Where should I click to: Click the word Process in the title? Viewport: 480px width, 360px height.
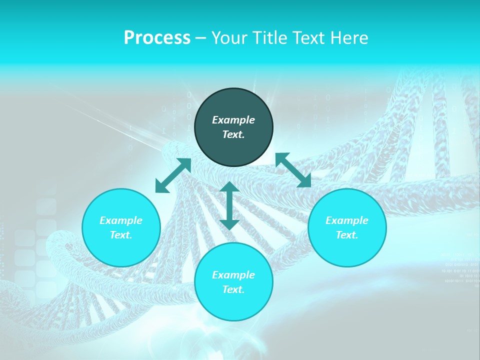[157, 38]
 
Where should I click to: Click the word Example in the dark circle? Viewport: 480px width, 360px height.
[233, 120]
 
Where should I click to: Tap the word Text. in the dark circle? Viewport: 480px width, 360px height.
[233, 134]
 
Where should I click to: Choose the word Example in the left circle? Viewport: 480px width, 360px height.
[121, 220]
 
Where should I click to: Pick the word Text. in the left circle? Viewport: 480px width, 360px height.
[121, 235]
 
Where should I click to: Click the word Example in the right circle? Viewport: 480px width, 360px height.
[347, 220]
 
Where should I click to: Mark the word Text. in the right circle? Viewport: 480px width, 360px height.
[347, 235]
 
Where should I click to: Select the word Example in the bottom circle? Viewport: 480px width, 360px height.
[233, 275]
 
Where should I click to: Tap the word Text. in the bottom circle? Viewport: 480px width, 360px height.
[233, 289]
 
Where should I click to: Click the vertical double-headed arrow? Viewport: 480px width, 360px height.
[229, 206]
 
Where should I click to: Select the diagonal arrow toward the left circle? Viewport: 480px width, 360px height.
[173, 175]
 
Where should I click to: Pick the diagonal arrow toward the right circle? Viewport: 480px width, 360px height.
[293, 170]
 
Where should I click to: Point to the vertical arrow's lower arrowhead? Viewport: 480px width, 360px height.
[229, 224]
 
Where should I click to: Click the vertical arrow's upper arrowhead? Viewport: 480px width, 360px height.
[229, 187]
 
